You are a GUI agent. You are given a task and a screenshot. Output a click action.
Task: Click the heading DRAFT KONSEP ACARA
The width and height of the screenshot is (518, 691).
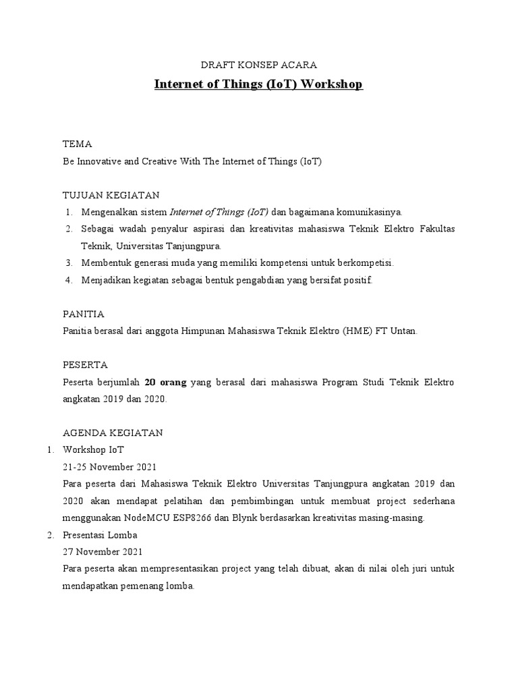(x=259, y=65)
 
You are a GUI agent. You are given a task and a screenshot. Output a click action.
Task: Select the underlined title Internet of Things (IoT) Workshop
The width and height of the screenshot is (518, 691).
(x=259, y=84)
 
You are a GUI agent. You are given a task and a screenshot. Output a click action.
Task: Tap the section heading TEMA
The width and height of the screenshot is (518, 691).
(x=77, y=144)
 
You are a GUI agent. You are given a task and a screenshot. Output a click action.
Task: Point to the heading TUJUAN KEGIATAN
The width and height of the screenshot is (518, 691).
(x=111, y=196)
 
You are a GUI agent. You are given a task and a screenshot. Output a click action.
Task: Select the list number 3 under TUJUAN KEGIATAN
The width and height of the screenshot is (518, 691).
(x=69, y=262)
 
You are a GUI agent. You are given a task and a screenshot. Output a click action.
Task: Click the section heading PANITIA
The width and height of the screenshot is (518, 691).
(x=83, y=314)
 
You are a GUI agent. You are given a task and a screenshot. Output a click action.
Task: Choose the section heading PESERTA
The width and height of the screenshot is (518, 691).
(x=85, y=365)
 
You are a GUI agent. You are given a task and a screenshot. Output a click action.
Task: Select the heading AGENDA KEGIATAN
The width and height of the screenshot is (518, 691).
(x=113, y=433)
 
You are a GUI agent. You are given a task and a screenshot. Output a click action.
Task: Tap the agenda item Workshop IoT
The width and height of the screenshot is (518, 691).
(x=93, y=449)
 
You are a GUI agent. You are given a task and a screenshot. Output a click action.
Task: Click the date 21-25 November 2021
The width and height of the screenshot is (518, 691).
(x=109, y=467)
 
